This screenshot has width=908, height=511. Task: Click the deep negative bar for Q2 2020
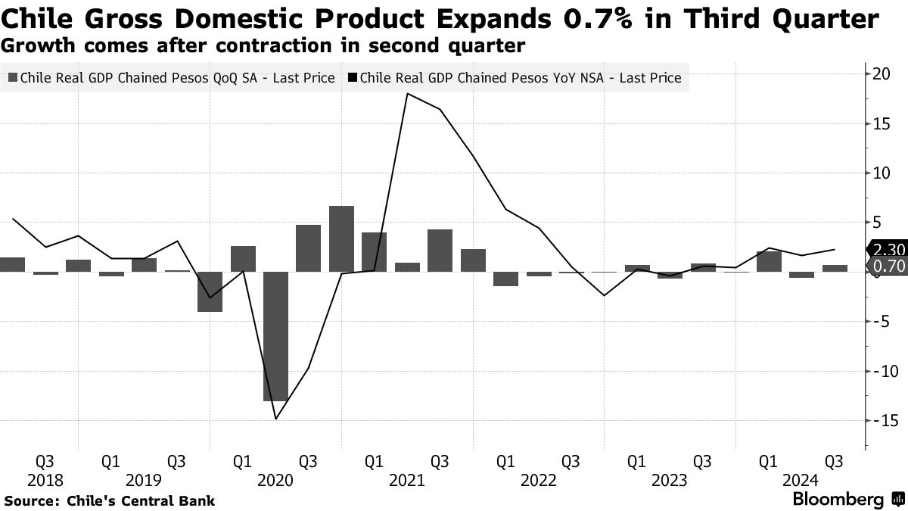click(x=275, y=336)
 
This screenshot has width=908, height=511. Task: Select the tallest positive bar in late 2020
click(x=341, y=238)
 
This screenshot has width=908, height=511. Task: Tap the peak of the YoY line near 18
click(x=408, y=94)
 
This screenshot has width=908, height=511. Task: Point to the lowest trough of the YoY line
click(x=276, y=419)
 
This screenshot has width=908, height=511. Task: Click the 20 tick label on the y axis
click(x=879, y=74)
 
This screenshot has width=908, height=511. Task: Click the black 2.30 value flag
click(x=885, y=250)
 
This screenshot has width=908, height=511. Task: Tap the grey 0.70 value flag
click(x=885, y=266)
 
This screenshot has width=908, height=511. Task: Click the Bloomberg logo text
click(x=838, y=500)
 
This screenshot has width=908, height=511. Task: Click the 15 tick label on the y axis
click(x=879, y=124)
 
